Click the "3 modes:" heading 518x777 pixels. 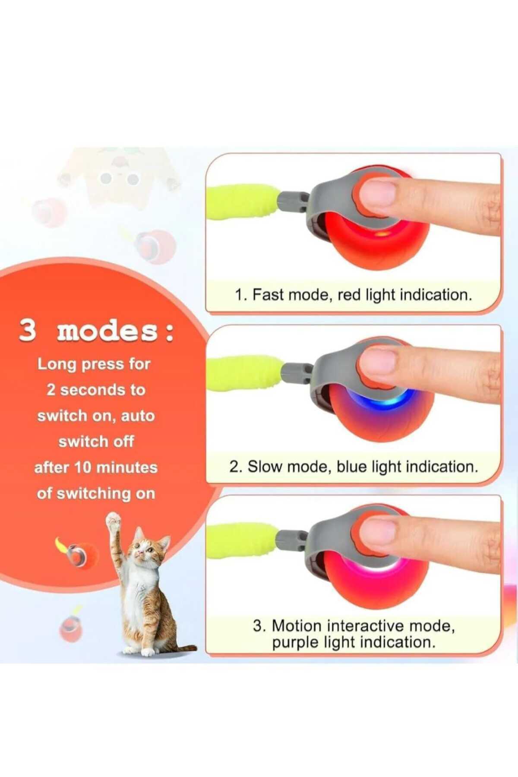click(96, 332)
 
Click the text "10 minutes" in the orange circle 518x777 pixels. click(116, 467)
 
